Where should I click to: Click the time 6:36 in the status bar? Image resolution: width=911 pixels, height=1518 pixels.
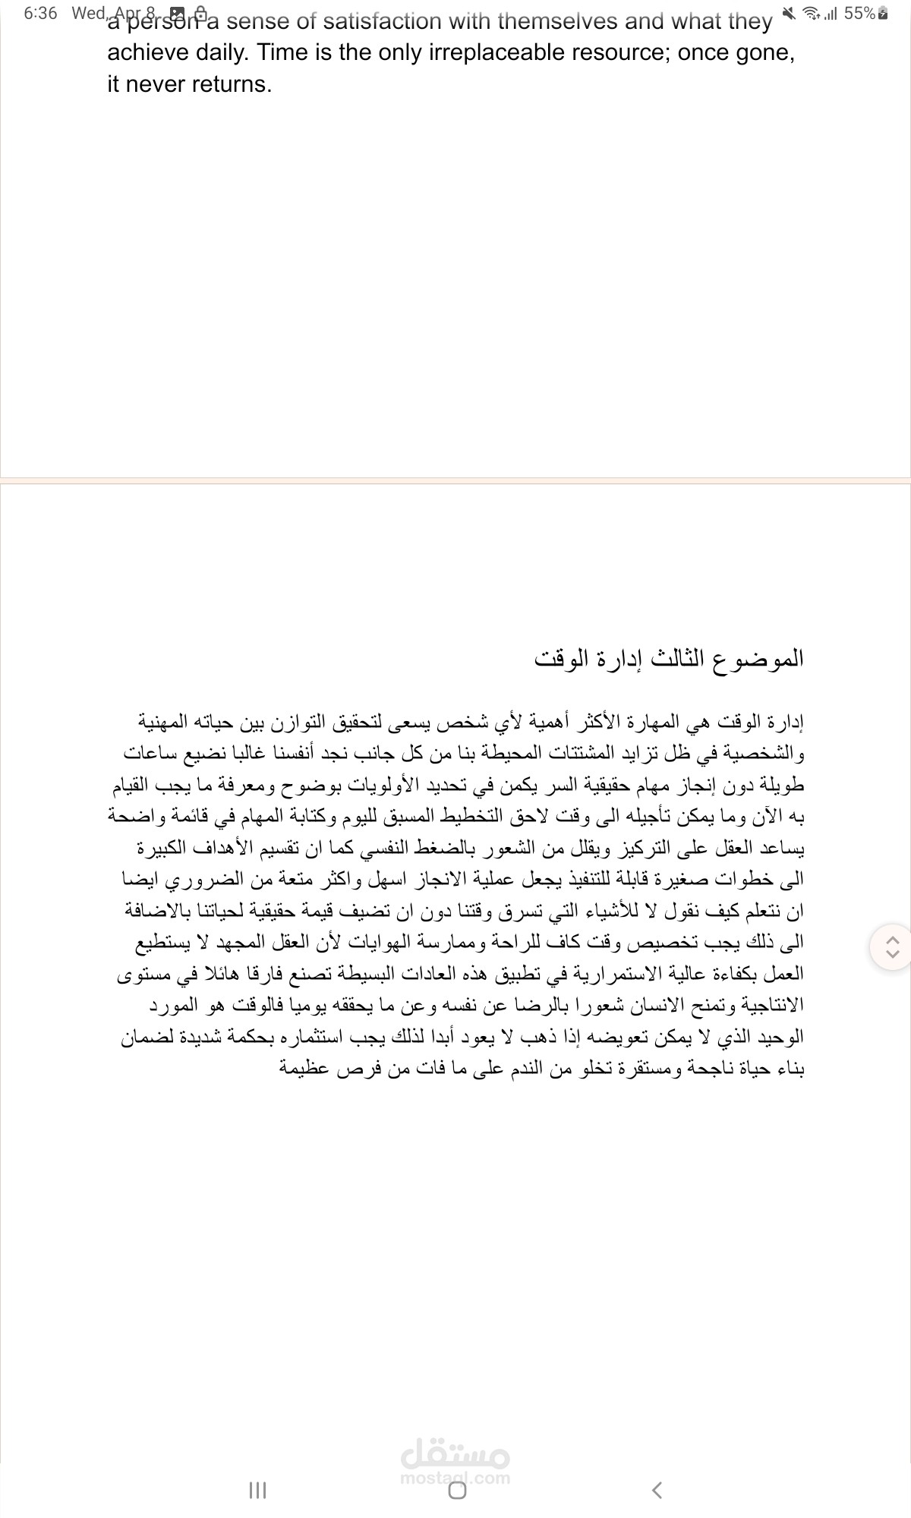coord(40,13)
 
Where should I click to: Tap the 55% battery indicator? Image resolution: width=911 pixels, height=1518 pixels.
coord(859,13)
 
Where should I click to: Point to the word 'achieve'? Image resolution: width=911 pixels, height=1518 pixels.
coord(146,52)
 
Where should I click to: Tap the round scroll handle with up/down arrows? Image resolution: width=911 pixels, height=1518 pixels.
coord(893,946)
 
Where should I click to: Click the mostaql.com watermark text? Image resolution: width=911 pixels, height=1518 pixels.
coord(455,1478)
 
